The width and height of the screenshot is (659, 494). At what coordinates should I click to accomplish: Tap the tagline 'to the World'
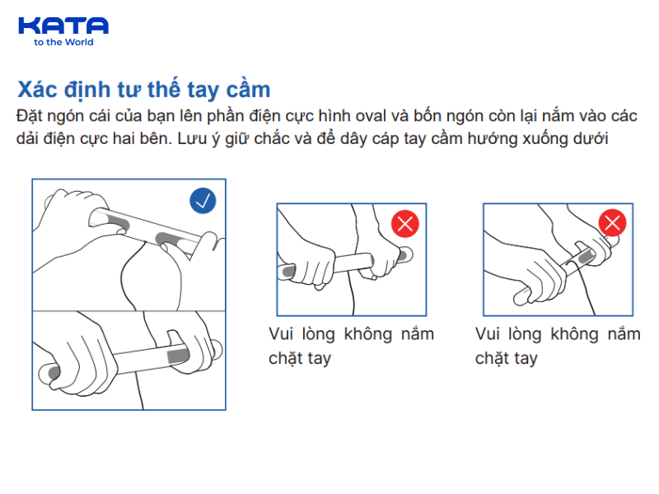pos(63,43)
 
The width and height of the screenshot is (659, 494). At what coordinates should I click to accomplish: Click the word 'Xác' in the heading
pos(37,89)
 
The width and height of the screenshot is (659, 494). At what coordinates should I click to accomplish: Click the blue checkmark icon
pos(203,200)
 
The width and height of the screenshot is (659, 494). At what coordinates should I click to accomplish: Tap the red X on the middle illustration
pos(404,223)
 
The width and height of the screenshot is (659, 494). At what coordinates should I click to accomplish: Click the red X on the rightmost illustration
pos(612,222)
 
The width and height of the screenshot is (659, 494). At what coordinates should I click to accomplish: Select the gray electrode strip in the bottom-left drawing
pos(179,356)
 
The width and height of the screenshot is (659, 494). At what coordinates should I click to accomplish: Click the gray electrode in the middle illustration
pos(288,269)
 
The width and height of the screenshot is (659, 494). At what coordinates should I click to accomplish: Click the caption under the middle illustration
pos(351,347)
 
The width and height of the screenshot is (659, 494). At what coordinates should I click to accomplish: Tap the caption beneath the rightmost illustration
pos(558,347)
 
